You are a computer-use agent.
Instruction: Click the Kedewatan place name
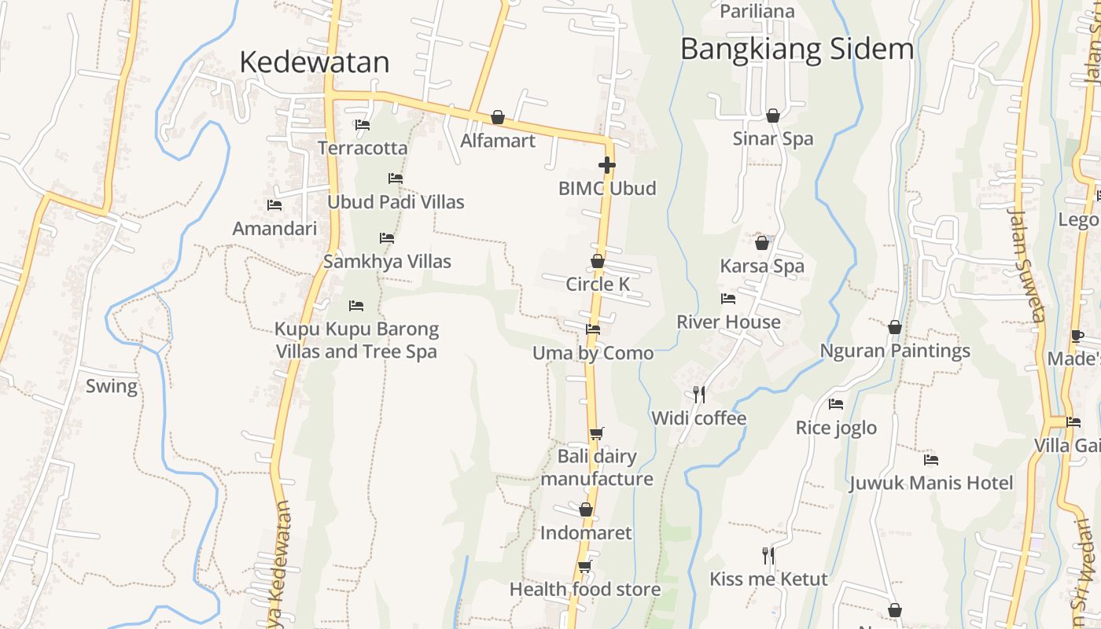tap(314, 62)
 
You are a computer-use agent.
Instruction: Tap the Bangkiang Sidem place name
tap(797, 49)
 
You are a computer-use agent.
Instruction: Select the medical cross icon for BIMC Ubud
tap(606, 165)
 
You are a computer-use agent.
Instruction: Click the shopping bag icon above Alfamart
tap(498, 118)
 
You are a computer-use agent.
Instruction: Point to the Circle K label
tap(598, 284)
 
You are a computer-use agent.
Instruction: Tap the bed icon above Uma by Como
tap(593, 329)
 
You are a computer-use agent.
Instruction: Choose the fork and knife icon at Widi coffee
tap(698, 394)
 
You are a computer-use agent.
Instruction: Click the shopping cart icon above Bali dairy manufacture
tap(597, 433)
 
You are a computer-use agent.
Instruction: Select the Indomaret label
tap(586, 533)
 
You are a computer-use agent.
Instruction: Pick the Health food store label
tap(585, 589)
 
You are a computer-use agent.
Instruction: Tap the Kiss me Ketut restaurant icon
tap(768, 556)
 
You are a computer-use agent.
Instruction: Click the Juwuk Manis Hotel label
tap(931, 483)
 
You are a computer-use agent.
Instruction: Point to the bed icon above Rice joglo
tap(836, 404)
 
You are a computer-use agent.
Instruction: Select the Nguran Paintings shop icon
tap(895, 327)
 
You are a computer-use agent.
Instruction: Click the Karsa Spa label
tap(762, 267)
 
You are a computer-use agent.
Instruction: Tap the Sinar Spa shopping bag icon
tap(773, 116)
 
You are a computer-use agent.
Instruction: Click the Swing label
tap(111, 386)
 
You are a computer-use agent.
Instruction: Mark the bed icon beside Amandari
tap(274, 205)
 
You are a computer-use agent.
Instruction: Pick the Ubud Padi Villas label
tap(396, 202)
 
